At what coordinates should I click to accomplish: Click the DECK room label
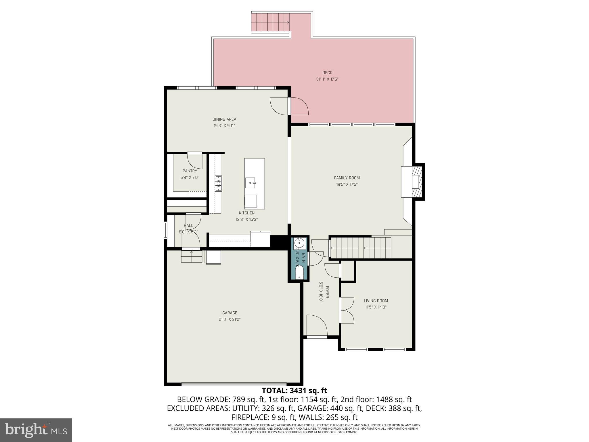[x=327, y=73]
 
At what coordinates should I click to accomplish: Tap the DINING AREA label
[x=224, y=119]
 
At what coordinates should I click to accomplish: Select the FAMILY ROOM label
[x=347, y=178]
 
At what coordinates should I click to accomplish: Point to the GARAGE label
[x=230, y=313]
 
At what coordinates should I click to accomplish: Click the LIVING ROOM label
[x=376, y=301]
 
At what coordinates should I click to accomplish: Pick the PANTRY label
[x=190, y=171]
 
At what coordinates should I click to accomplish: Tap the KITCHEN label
[x=247, y=213]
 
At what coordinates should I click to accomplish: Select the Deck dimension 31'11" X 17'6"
[x=327, y=79]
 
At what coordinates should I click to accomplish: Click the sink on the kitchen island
[x=250, y=183]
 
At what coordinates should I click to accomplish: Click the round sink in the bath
[x=299, y=243]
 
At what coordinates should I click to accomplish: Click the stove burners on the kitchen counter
[x=219, y=183]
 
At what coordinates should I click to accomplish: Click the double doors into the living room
[x=347, y=310]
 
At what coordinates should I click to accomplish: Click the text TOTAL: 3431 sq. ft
[x=294, y=390]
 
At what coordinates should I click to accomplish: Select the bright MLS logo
[x=36, y=430]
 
